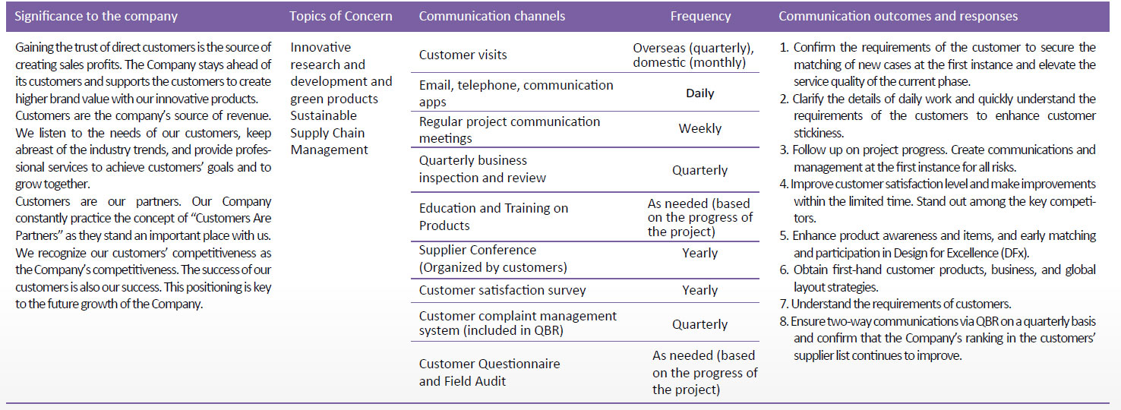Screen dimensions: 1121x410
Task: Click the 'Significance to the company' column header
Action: coord(96,16)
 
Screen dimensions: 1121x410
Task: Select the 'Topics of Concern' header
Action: coord(341,16)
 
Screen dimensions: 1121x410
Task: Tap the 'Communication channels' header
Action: coord(492,16)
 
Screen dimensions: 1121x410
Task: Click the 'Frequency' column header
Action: coord(700,17)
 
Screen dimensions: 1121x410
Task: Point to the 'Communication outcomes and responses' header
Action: coord(898,16)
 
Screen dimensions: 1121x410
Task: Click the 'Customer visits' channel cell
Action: coord(463,55)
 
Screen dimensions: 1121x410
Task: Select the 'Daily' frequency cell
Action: coord(700,93)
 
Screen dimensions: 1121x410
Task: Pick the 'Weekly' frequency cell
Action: coord(700,128)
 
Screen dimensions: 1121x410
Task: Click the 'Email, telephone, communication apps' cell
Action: coord(516,93)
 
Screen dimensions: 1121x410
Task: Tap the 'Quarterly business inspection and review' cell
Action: coord(482,169)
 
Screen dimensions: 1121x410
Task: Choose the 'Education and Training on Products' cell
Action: coord(494,216)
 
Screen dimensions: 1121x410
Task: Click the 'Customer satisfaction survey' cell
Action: coord(503,290)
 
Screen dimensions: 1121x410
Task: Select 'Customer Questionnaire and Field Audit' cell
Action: coord(489,372)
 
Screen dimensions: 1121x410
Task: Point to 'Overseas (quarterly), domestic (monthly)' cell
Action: coord(693,55)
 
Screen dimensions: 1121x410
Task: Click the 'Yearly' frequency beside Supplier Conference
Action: coord(700,253)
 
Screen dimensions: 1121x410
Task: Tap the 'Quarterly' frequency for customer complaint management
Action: coord(700,324)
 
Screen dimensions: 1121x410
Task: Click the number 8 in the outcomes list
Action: coord(784,321)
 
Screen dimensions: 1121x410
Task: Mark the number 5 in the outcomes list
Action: coord(784,236)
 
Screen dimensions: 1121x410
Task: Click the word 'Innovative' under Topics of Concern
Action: coord(321,47)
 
